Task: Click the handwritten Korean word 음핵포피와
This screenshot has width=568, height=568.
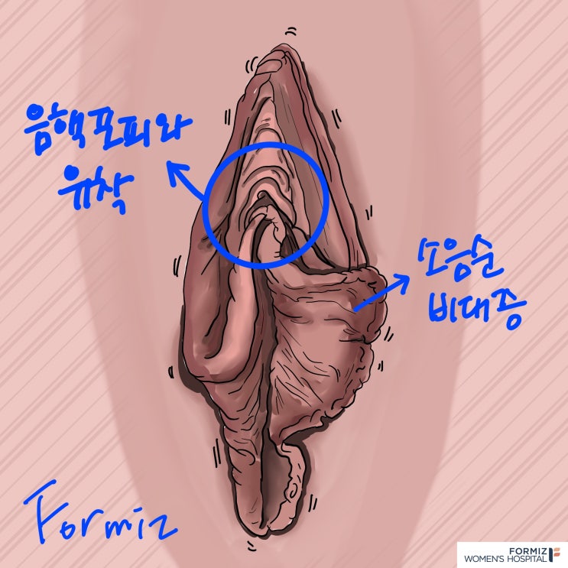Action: pyautogui.click(x=108, y=129)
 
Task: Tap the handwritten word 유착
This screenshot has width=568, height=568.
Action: pyautogui.click(x=96, y=187)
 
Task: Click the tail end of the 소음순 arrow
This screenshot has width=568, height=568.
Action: pyautogui.click(x=355, y=310)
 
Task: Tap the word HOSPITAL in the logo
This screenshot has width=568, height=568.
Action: pyautogui.click(x=528, y=559)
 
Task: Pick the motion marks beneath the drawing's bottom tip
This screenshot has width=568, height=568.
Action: pyautogui.click(x=250, y=544)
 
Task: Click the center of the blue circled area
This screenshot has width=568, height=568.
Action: pyautogui.click(x=265, y=206)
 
